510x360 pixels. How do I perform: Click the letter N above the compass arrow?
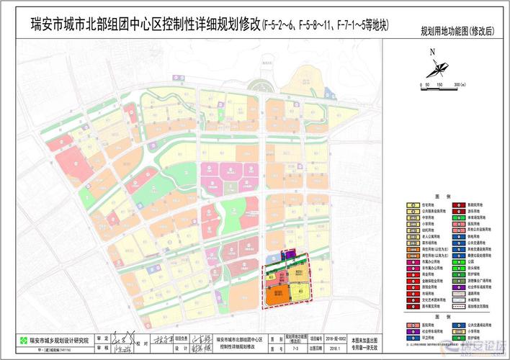432,52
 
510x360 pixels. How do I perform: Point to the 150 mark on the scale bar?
439,85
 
